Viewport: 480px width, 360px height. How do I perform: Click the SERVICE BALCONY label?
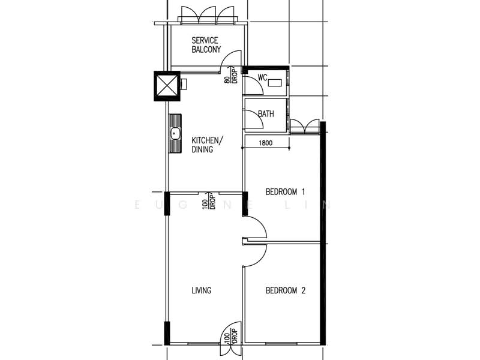point(206,45)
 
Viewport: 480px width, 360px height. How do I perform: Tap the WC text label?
point(262,77)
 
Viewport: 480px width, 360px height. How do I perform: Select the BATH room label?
point(266,114)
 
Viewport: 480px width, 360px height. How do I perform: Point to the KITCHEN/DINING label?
point(207,145)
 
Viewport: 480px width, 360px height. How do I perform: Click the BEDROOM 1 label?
point(286,192)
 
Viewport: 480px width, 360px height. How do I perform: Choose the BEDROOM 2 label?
point(286,291)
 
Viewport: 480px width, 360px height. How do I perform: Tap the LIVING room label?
point(201,291)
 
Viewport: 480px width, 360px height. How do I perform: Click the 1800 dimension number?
point(266,143)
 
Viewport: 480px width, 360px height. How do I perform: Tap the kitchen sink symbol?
point(175,134)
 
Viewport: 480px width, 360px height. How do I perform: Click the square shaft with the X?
point(167,86)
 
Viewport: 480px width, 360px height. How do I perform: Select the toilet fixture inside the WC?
point(277,83)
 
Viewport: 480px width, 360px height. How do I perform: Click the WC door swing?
point(253,86)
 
